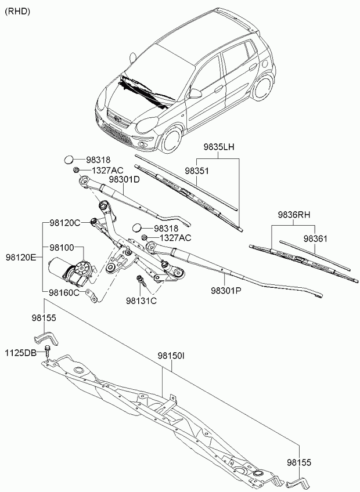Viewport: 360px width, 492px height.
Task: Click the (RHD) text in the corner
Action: click(17, 12)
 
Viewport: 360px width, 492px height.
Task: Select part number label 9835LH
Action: click(219, 147)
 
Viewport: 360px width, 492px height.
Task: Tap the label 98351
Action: click(197, 171)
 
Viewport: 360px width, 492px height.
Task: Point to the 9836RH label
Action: click(294, 215)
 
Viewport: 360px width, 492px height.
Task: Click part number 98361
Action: click(315, 239)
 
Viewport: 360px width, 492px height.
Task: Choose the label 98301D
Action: click(124, 179)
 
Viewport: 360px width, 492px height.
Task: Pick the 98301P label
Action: click(226, 291)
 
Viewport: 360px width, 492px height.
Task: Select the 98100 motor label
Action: click(62, 248)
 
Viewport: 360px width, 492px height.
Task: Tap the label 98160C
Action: click(64, 293)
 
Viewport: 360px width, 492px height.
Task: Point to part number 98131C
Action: click(141, 301)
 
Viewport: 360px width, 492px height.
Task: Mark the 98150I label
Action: click(171, 356)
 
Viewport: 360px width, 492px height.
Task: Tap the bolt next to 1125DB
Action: click(48, 352)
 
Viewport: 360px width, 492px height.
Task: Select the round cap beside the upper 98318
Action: click(69, 160)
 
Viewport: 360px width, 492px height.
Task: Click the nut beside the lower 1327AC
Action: click(145, 237)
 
